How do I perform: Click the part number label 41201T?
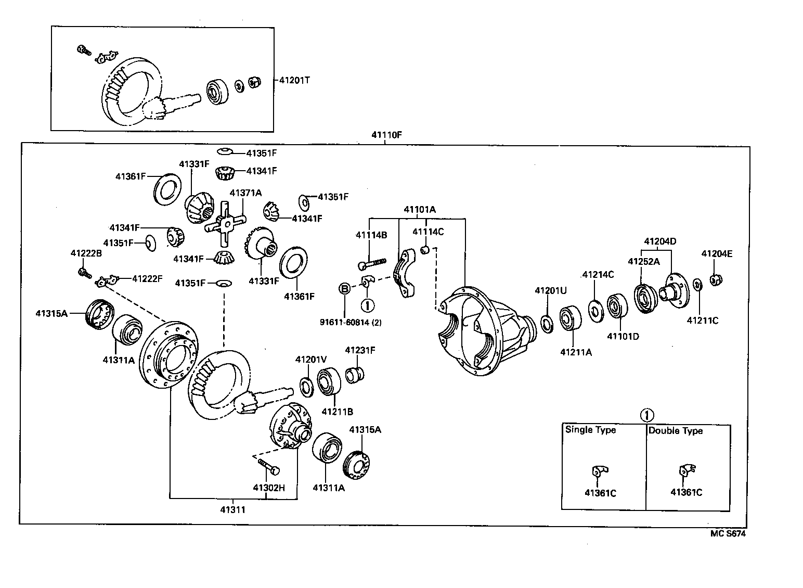(x=295, y=81)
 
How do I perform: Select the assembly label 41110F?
(x=386, y=135)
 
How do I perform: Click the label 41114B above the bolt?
(x=371, y=235)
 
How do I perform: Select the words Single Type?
(x=590, y=430)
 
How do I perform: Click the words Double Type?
(x=675, y=430)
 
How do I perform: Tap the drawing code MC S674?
(x=728, y=533)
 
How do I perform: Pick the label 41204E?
(x=716, y=254)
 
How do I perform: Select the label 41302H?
(x=269, y=488)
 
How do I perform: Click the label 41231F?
(x=360, y=350)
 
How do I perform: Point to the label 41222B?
(x=86, y=253)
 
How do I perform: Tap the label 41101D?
(x=623, y=336)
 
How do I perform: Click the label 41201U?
(x=550, y=290)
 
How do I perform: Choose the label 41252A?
(x=643, y=262)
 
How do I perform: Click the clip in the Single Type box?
(x=598, y=471)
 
